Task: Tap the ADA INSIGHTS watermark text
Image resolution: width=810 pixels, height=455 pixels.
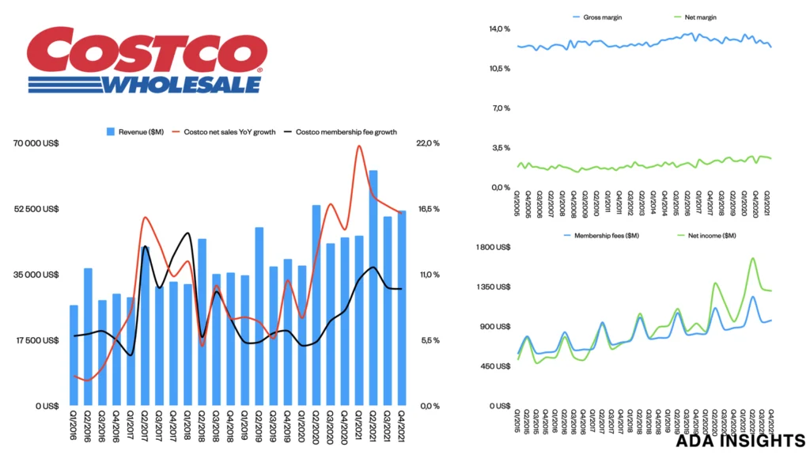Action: (x=740, y=440)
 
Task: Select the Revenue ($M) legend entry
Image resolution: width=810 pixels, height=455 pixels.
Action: (x=136, y=132)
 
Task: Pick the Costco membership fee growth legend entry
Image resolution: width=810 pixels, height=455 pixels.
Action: (x=346, y=132)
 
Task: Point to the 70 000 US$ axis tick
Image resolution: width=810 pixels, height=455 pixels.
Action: (x=36, y=143)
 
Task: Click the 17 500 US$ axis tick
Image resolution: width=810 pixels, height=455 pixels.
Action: (x=36, y=341)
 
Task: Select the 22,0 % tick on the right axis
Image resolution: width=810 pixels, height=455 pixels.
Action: (x=426, y=143)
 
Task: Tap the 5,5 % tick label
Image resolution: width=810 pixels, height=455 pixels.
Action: (x=426, y=341)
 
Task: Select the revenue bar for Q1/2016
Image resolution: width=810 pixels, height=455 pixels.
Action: (x=74, y=355)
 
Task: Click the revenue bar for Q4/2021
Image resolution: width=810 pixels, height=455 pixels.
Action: (x=402, y=308)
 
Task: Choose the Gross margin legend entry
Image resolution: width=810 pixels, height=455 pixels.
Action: (x=600, y=16)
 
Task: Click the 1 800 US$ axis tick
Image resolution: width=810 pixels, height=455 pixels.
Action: (x=494, y=248)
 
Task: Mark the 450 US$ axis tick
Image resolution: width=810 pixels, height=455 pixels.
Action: (x=497, y=366)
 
